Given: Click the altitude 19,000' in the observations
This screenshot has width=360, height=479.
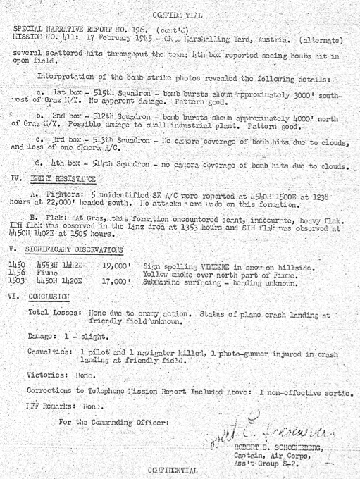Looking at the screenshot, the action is (116, 262).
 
